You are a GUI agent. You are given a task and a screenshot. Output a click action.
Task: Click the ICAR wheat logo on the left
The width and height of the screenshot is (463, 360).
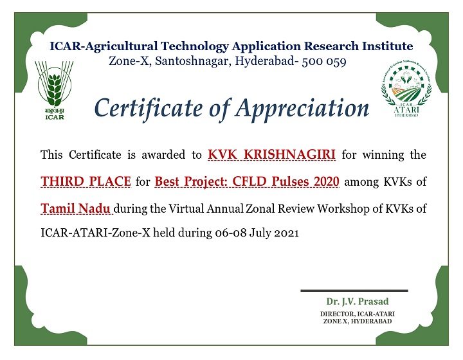54,90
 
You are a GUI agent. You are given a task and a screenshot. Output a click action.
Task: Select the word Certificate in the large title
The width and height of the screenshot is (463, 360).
149,108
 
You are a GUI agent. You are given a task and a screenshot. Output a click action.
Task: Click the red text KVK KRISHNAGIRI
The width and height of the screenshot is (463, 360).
271,155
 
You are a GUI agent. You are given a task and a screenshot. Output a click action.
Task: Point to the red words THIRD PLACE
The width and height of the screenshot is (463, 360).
86,181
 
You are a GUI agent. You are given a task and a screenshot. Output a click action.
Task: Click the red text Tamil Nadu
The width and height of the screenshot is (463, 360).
76,208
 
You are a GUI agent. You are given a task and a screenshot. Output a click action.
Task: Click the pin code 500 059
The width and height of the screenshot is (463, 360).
324,61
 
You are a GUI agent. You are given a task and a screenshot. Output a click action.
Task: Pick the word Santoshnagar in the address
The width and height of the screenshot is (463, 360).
193,61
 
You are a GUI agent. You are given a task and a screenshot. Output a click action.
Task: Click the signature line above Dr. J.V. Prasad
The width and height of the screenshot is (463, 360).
354,291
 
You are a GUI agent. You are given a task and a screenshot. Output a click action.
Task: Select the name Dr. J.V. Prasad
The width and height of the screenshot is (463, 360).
358,301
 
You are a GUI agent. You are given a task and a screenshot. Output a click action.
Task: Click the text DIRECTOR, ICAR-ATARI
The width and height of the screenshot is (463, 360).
358,314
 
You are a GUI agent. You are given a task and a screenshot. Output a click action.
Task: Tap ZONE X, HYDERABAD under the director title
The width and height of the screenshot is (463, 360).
358,321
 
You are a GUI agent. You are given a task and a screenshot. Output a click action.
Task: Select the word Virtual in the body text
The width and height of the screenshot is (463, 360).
186,209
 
